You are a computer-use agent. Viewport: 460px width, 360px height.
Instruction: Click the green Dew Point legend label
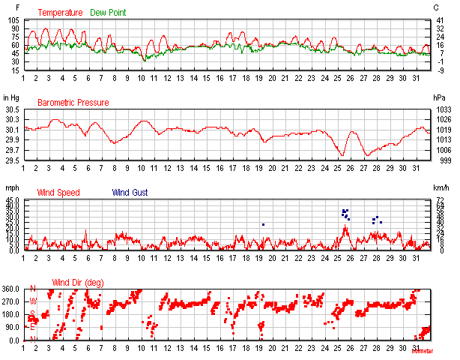pos(109,13)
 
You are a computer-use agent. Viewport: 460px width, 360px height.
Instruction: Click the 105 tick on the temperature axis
pos(13,20)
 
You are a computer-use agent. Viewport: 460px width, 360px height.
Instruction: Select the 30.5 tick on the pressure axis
pos(13,110)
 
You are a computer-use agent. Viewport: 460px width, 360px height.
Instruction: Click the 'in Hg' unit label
pos(11,98)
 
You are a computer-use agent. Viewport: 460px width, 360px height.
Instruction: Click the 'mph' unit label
pos(10,187)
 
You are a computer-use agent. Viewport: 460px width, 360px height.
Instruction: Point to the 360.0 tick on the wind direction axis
pos(11,289)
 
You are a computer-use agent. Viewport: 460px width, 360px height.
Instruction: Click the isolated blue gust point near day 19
pos(264,224)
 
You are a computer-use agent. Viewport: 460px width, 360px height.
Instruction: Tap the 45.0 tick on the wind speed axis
pos(13,200)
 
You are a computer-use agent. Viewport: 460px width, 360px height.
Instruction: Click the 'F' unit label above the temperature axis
pos(7,7)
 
